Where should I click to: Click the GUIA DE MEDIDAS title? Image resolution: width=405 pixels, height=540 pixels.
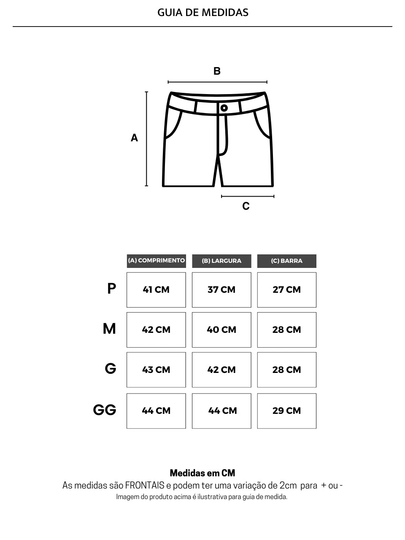tap(202, 13)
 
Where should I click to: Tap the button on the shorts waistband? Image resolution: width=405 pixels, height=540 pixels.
tap(224, 108)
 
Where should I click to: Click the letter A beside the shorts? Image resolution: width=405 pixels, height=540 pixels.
tap(134, 138)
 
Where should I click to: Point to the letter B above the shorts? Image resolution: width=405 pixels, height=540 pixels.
tap(217, 71)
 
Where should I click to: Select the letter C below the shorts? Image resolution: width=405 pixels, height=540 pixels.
tap(246, 206)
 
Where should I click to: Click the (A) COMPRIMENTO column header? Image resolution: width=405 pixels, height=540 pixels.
tap(157, 261)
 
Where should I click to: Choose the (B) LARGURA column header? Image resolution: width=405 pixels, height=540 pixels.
tap(221, 261)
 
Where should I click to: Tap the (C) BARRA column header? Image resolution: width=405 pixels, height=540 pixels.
tap(287, 261)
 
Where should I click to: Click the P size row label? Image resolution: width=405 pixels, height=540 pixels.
tap(112, 288)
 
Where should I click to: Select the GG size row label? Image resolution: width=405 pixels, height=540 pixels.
tap(105, 410)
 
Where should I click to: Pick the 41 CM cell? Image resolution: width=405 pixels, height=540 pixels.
tap(156, 290)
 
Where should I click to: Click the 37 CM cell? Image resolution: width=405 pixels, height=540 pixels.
tap(221, 290)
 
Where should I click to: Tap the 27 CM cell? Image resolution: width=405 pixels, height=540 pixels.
tap(287, 290)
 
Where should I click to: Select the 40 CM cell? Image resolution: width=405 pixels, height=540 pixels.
tap(221, 330)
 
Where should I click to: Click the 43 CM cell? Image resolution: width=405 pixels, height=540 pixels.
tap(156, 370)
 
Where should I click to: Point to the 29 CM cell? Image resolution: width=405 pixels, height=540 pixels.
tap(287, 411)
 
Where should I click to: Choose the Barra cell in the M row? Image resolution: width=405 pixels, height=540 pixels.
tap(287, 330)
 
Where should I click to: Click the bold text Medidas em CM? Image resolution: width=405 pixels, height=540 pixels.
tap(202, 473)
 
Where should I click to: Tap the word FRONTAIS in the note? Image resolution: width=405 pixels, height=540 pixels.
tap(145, 486)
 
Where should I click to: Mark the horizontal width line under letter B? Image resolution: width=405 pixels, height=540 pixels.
tap(217, 82)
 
